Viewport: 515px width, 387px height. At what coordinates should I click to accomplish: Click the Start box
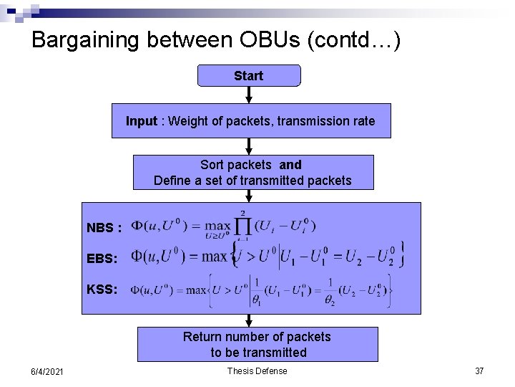point(249,75)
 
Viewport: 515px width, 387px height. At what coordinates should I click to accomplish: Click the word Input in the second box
point(141,121)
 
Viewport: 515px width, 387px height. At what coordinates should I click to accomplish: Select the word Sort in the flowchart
point(212,165)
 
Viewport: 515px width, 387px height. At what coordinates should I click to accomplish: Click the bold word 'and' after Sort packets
point(290,165)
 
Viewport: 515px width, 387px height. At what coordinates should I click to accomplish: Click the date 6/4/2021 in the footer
point(48,371)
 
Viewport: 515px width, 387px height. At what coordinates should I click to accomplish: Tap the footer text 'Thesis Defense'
point(257,371)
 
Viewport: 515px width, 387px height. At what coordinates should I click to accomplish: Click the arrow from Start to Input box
point(249,95)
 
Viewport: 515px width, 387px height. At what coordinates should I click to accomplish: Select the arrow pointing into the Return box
point(249,321)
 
